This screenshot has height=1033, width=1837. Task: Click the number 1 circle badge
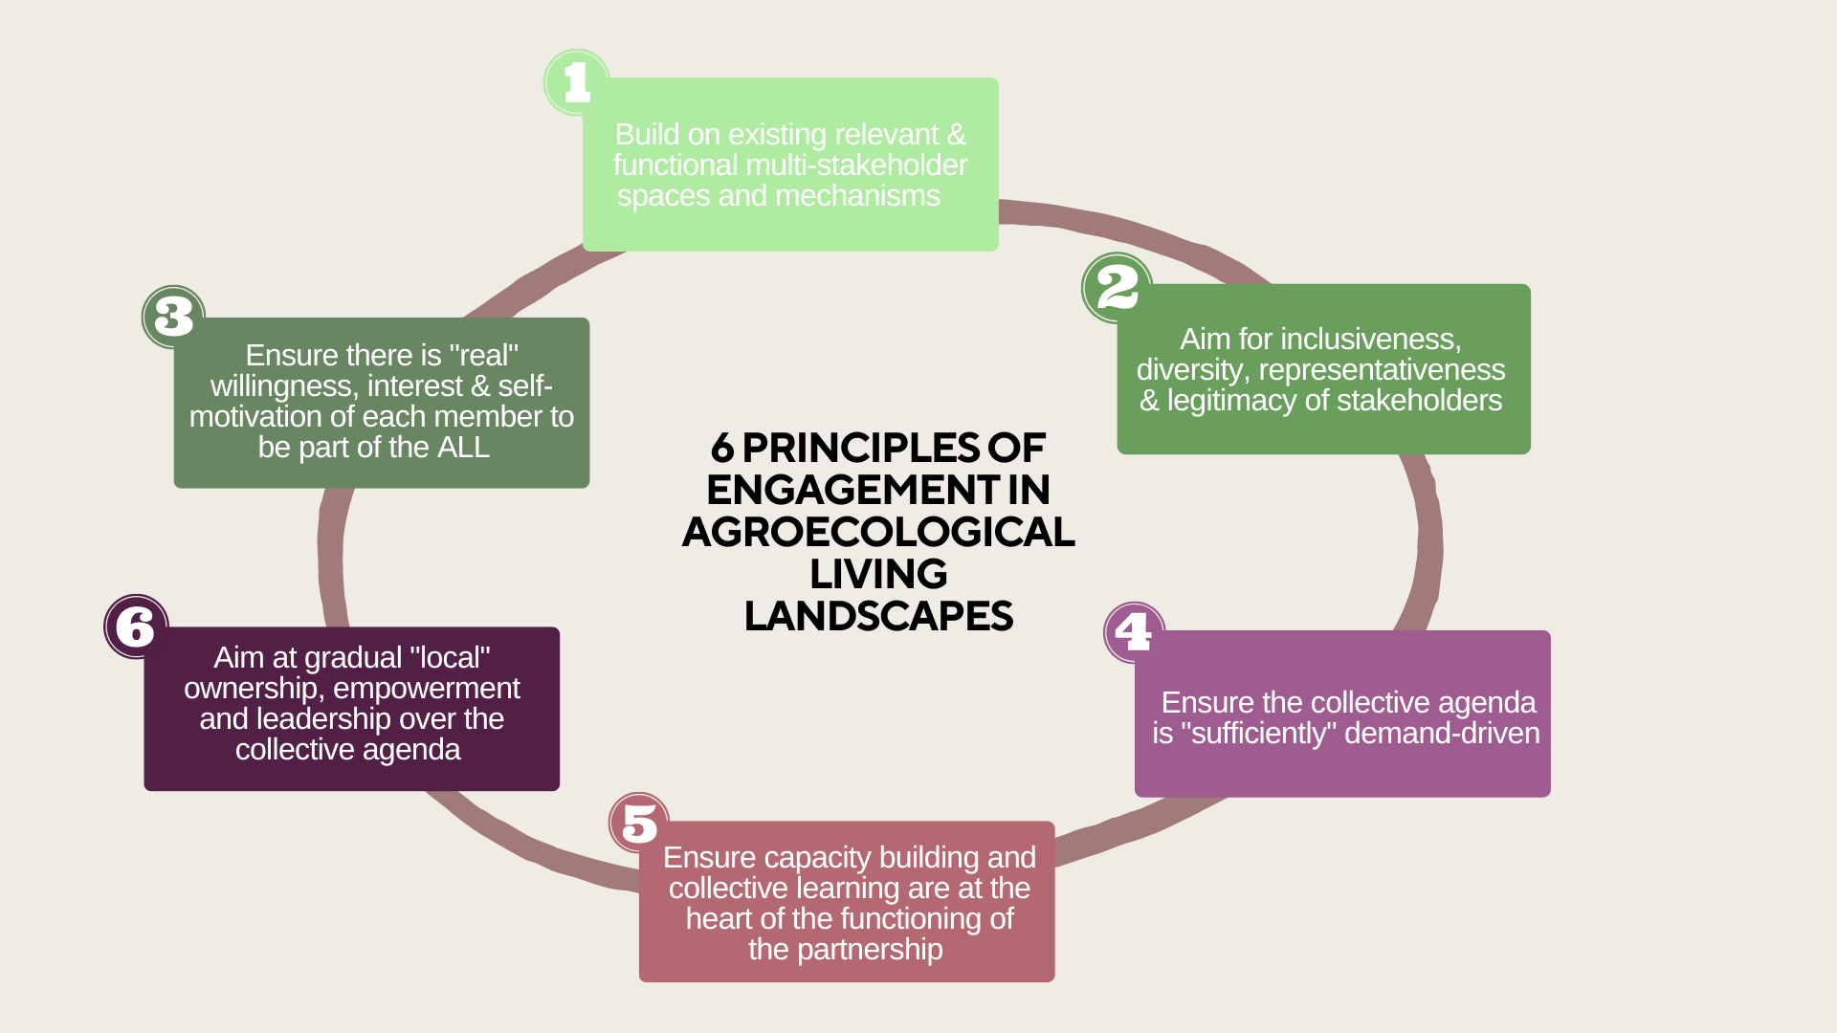576,82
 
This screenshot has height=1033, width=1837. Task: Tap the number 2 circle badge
1117,287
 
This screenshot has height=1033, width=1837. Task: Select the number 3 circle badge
173,317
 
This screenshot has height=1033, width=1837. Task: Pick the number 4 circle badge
1134,632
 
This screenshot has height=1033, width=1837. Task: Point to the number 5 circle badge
639,823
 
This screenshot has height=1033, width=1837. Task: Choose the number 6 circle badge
136,626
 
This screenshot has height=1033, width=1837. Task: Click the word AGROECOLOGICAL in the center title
878,532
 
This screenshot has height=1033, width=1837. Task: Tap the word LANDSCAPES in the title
878,616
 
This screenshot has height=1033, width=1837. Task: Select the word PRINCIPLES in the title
860,448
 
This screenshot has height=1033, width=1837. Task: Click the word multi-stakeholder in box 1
856,165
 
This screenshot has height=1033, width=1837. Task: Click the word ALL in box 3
463,448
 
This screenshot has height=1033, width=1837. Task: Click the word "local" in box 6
449,658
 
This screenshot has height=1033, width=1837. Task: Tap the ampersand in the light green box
956,135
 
